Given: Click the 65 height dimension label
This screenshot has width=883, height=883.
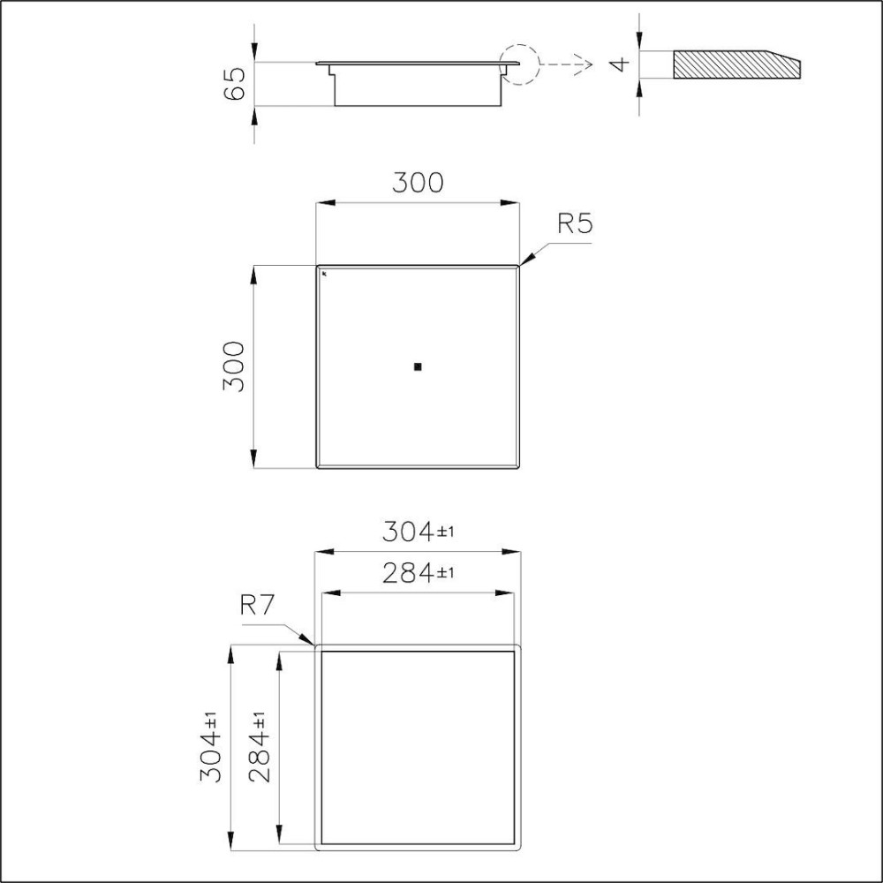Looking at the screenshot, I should (x=236, y=84).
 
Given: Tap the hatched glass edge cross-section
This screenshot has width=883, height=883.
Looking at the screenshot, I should (x=733, y=64).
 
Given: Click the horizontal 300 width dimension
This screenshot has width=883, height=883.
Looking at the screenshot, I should (x=418, y=183).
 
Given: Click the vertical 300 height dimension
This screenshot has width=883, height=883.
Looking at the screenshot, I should (x=234, y=366).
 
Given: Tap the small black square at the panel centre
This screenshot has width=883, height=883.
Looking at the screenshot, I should (x=418, y=366).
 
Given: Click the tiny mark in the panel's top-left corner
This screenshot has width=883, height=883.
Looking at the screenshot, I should (x=324, y=274).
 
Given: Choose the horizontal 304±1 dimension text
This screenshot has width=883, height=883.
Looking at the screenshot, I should (x=418, y=532).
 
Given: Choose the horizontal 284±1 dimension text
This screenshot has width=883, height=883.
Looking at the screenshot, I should (x=418, y=574).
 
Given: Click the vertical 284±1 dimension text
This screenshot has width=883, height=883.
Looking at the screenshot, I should (x=260, y=748).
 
